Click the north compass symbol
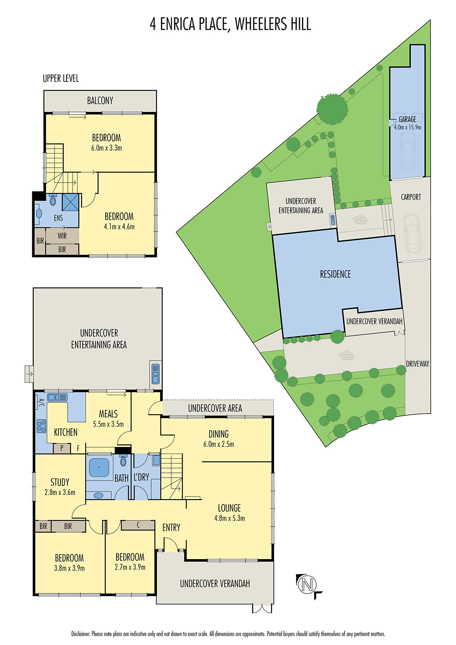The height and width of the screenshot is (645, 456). click(x=307, y=584)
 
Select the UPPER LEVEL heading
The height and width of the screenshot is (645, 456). click(x=61, y=79)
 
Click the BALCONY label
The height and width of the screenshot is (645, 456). click(x=100, y=101)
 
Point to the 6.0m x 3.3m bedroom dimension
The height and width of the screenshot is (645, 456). click(x=106, y=148)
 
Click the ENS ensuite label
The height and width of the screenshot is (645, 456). click(x=58, y=218)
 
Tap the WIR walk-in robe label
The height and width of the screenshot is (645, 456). click(x=62, y=236)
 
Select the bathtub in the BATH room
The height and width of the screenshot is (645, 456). click(x=99, y=468)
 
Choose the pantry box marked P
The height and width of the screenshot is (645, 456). click(x=62, y=448)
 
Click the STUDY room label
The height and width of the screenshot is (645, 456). click(x=60, y=482)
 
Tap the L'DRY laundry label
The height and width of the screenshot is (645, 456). click(x=142, y=477)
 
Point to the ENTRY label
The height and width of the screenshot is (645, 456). click(x=171, y=528)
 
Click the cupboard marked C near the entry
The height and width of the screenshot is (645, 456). click(x=138, y=525)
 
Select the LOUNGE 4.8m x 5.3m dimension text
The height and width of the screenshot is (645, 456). click(x=229, y=518)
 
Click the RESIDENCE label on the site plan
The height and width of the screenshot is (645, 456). click(x=335, y=275)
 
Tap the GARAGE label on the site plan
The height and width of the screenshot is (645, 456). click(x=407, y=119)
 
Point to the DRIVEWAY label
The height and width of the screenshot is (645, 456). click(x=417, y=364)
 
